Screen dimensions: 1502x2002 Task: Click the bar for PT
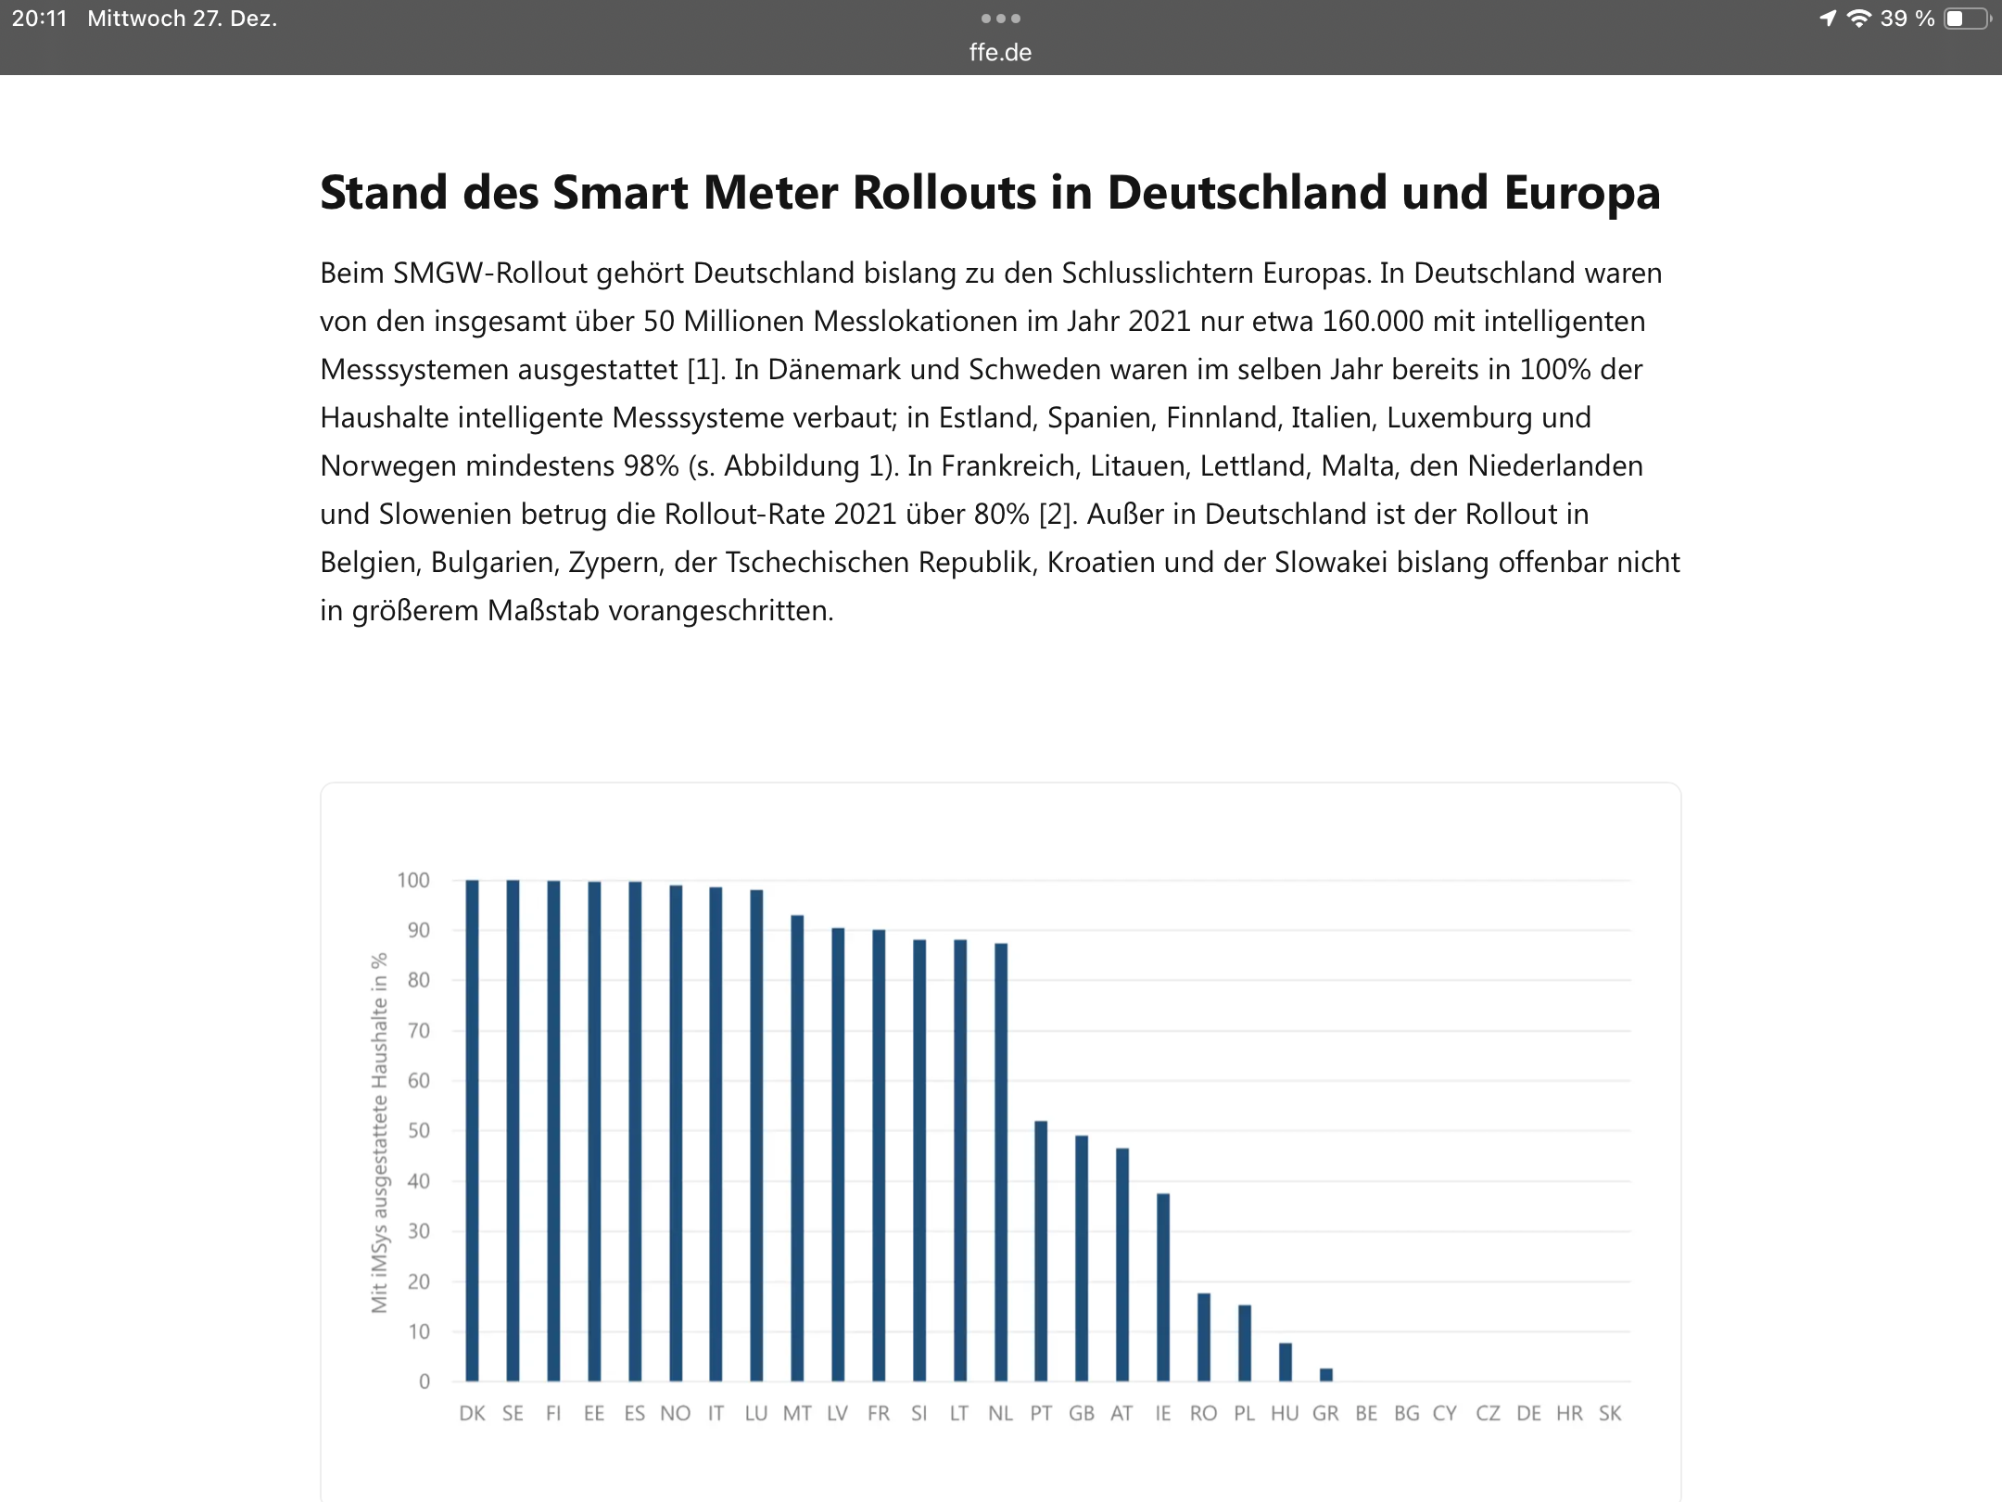pos(1041,1252)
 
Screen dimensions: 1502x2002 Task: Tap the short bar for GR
pos(1326,1375)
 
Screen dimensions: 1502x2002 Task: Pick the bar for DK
pos(472,1131)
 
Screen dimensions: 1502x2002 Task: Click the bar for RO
pos(1204,1337)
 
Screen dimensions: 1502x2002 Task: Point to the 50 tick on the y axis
pos(419,1131)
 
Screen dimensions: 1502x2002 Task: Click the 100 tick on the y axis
pos(413,880)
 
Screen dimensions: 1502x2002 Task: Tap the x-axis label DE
pos(1528,1414)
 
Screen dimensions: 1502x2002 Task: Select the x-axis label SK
pos(1610,1414)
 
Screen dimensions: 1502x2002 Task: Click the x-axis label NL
pos(1000,1414)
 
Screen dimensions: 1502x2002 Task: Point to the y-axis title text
pos(379,1131)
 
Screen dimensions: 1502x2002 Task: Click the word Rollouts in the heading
pos(943,193)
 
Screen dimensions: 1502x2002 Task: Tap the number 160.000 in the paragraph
pos(1373,321)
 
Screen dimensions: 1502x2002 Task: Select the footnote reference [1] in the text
pos(703,369)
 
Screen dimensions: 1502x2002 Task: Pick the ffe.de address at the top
pos(1000,53)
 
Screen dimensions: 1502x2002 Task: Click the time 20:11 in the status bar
pos(40,19)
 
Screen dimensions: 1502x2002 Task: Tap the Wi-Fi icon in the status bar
pos(1858,19)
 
